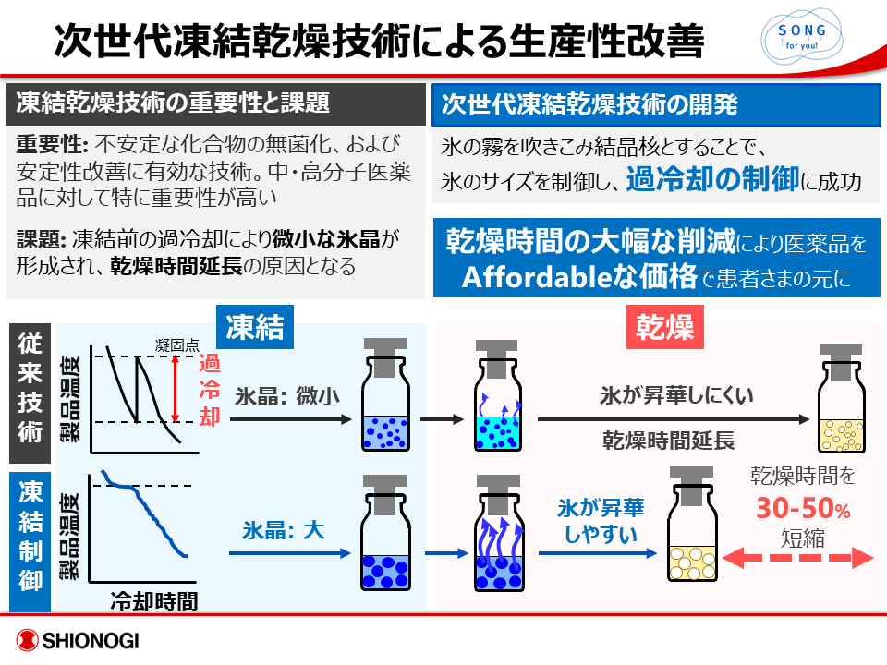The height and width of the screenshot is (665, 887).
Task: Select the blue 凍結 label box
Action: [x=254, y=328]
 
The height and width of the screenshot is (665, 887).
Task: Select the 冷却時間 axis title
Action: [x=153, y=600]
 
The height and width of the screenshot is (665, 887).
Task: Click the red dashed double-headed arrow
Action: [x=800, y=557]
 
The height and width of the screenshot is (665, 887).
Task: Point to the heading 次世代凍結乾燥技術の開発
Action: [x=590, y=104]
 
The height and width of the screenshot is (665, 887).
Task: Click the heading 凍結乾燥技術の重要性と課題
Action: [x=174, y=103]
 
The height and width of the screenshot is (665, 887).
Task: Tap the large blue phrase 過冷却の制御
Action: [x=712, y=178]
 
